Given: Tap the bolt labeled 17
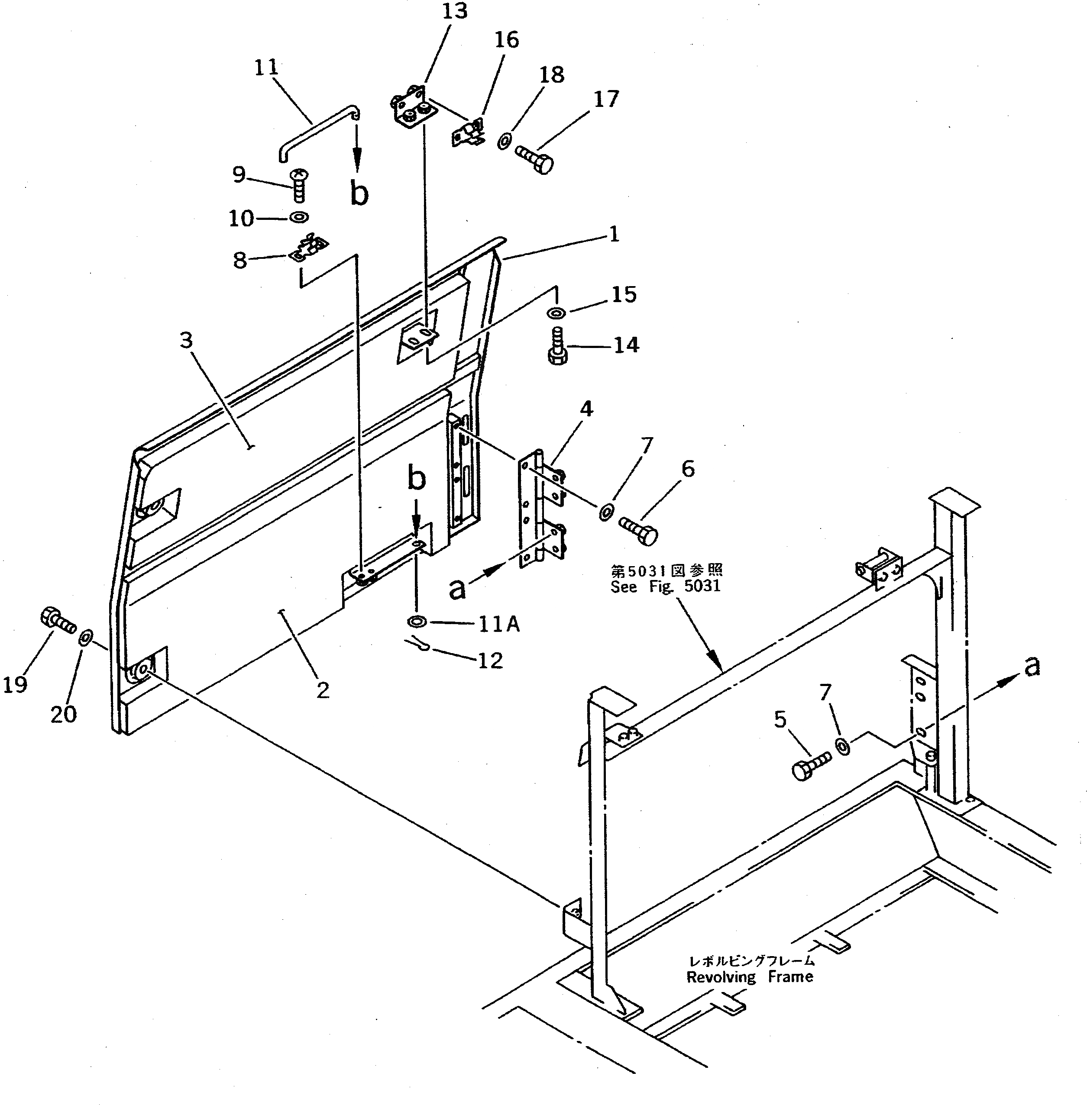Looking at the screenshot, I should (534, 158).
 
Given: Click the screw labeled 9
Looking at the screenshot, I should (298, 185).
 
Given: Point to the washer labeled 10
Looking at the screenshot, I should (299, 217).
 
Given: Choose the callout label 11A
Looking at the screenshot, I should (498, 625).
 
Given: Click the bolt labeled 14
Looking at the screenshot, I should (558, 346).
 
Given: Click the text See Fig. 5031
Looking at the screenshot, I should (666, 586).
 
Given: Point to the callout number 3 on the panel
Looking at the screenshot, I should (186, 341).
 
